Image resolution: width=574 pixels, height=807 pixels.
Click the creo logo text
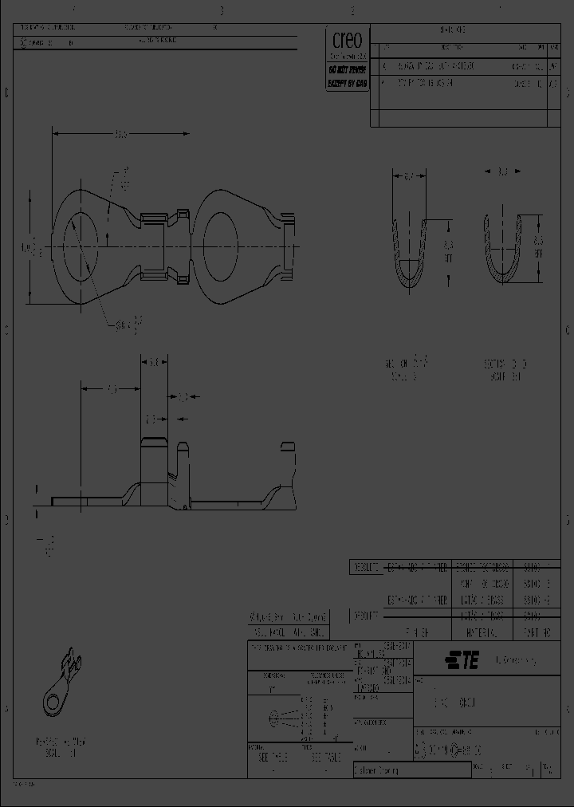pyautogui.click(x=348, y=41)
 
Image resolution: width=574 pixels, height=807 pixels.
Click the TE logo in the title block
pyautogui.click(x=462, y=659)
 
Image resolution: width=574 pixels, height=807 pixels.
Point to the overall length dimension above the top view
pyautogui.click(x=121, y=135)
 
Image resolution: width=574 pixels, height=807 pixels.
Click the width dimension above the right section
pyautogui.click(x=503, y=171)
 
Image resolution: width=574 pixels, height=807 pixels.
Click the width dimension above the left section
pyautogui.click(x=407, y=176)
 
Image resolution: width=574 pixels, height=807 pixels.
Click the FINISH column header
pyautogui.click(x=418, y=633)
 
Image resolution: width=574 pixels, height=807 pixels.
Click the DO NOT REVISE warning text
pyautogui.click(x=348, y=69)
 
